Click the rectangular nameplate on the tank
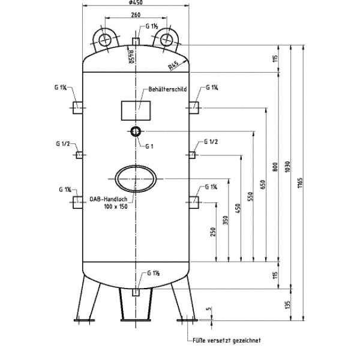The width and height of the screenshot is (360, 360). pos(137,110)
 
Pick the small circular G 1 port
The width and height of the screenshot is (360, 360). pos(136,131)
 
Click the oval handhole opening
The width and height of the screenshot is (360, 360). pos(137,178)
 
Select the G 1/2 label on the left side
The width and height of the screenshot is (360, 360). pos(63,144)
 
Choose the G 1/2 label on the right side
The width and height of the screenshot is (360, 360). pos(211,142)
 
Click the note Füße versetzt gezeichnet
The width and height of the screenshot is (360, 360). pos(227,340)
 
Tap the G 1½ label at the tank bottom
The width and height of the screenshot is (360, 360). pos(152,274)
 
